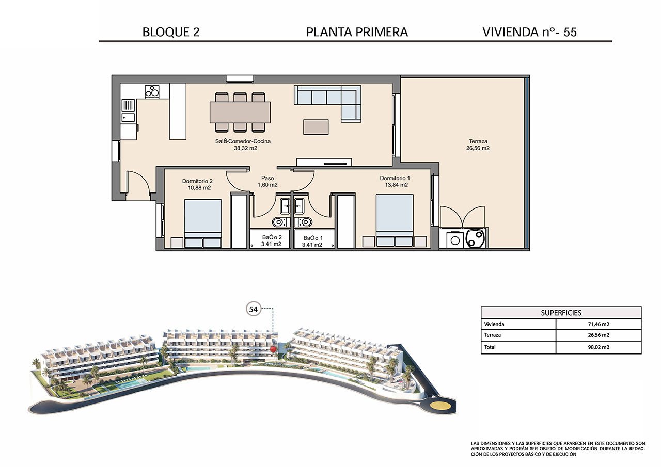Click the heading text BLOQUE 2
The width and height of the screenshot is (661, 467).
pyautogui.click(x=170, y=32)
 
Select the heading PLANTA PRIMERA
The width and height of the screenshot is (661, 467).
pyautogui.click(x=357, y=32)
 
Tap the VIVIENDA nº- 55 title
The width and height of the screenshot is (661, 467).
pyautogui.click(x=529, y=32)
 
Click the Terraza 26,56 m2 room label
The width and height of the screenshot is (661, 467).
pyautogui.click(x=478, y=144)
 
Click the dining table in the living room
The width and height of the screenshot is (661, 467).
pyautogui.click(x=240, y=112)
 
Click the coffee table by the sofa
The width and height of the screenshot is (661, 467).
pyautogui.click(x=316, y=127)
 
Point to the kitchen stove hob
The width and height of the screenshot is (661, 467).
pyautogui.click(x=152, y=91)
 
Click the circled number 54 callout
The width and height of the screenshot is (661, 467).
pyautogui.click(x=254, y=309)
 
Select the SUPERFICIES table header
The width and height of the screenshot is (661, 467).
pyautogui.click(x=561, y=313)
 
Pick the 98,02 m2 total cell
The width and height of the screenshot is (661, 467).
pyautogui.click(x=598, y=347)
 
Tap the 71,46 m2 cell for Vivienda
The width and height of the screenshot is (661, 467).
pyautogui.click(x=598, y=325)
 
